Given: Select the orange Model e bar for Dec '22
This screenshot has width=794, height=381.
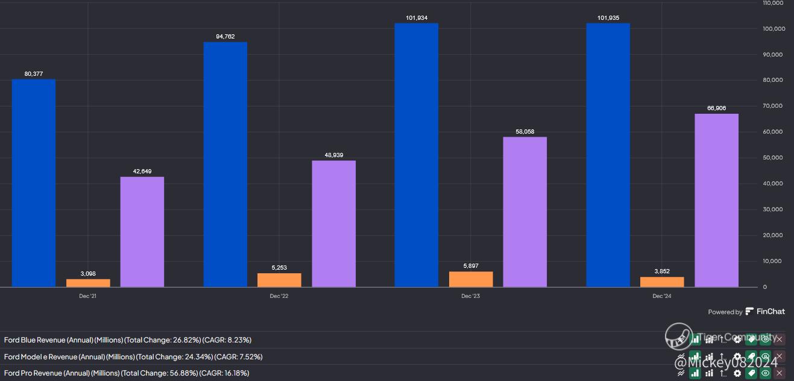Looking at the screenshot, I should (x=279, y=280).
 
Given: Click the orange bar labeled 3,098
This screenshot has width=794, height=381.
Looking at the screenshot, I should (x=88, y=282).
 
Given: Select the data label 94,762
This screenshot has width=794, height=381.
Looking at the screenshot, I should (x=225, y=37).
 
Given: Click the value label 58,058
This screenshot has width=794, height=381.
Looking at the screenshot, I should (x=525, y=132).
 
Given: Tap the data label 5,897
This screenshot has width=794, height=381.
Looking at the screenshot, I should (x=470, y=266).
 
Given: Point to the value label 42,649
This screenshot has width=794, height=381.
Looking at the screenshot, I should (x=142, y=172).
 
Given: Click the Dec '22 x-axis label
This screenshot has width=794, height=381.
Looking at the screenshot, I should (x=279, y=296).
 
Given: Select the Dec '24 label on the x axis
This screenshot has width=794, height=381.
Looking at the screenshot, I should (x=661, y=296).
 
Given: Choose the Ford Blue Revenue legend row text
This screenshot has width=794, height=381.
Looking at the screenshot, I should (x=127, y=340).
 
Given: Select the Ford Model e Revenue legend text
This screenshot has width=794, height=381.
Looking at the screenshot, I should (x=133, y=357).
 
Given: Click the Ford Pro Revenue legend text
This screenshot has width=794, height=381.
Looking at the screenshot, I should (x=127, y=373).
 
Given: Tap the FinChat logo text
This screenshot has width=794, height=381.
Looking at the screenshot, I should (x=770, y=312).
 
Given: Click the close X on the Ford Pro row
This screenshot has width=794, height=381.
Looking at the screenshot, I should (x=779, y=373).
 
